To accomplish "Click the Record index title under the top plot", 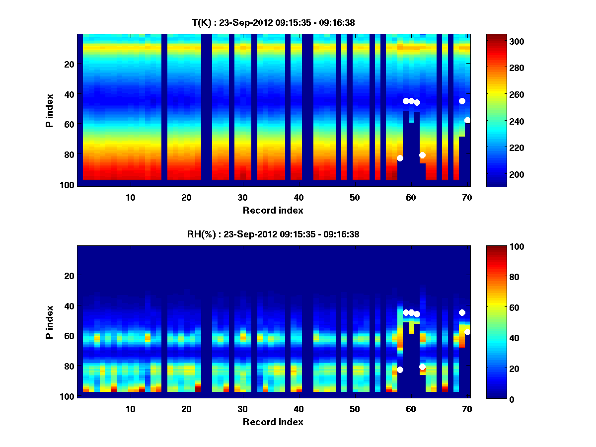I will (273, 210).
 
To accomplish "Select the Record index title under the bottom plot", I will (273, 422).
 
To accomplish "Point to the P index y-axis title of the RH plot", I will (50, 322).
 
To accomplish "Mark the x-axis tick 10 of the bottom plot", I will (130, 409).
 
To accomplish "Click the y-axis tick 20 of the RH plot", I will (69, 276).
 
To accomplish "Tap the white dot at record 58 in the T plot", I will (400, 158).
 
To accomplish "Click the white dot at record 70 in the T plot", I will (467, 120).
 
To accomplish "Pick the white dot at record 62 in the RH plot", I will (422, 367).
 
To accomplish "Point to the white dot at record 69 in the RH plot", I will (462, 312).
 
